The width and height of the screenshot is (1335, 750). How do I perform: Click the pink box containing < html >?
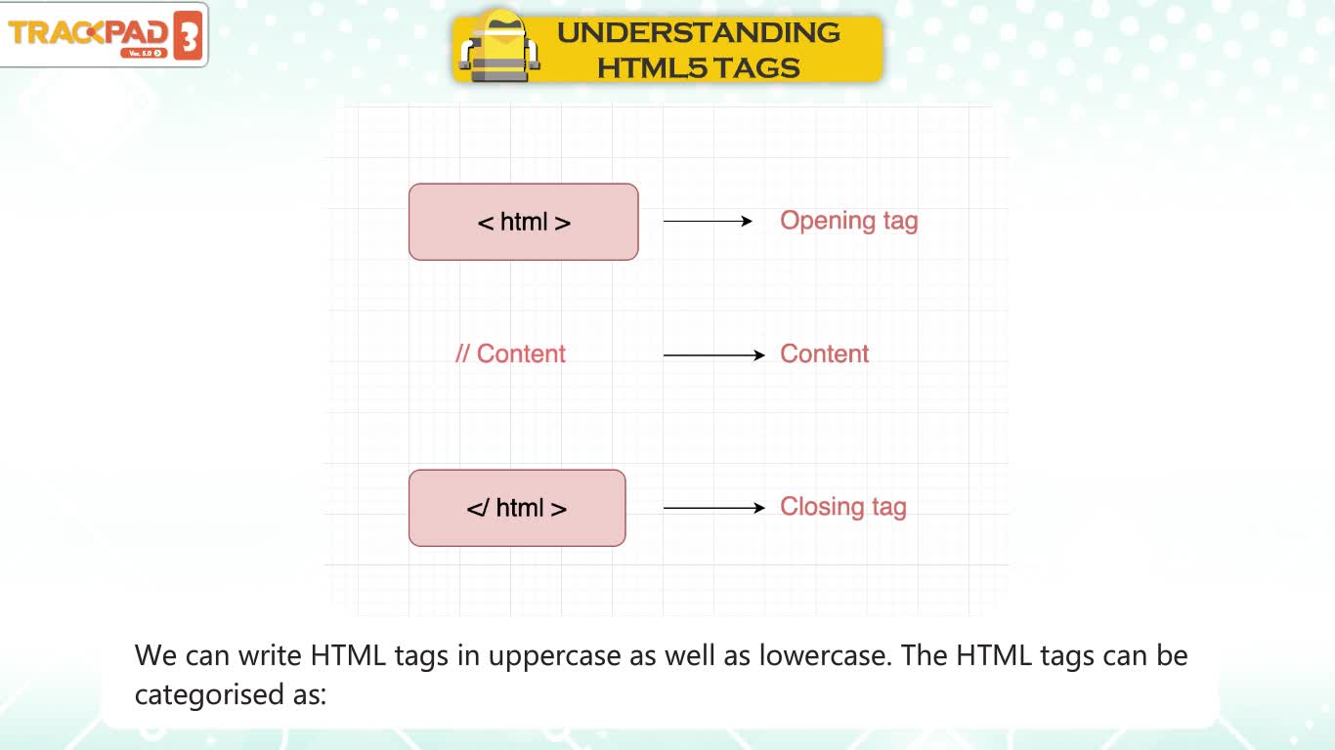coord(523,222)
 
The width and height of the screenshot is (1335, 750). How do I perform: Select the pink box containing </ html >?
coord(517,508)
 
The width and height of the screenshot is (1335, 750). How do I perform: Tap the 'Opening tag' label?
coord(848,221)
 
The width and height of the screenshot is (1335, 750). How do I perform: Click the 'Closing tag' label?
coord(843,507)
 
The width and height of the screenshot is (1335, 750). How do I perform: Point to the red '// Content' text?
coord(510,354)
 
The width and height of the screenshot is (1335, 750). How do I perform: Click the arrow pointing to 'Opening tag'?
coord(708,221)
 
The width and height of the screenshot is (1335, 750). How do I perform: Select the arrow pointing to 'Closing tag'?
coord(714,508)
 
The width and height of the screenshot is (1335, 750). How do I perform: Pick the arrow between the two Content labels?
coord(714,355)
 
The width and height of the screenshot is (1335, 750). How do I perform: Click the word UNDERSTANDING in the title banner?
coord(699,32)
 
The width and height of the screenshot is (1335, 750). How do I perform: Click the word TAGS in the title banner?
coord(756,67)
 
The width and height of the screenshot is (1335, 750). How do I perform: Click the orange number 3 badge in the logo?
coord(188,35)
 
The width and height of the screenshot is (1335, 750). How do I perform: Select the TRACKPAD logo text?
coord(88,32)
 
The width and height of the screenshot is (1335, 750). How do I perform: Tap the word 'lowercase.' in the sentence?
coord(826,655)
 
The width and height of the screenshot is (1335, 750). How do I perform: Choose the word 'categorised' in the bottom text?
coord(209,694)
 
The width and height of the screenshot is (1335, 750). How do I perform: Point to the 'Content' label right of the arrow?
coord(824,354)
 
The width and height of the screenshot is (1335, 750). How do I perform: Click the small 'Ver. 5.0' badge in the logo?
coord(144,53)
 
